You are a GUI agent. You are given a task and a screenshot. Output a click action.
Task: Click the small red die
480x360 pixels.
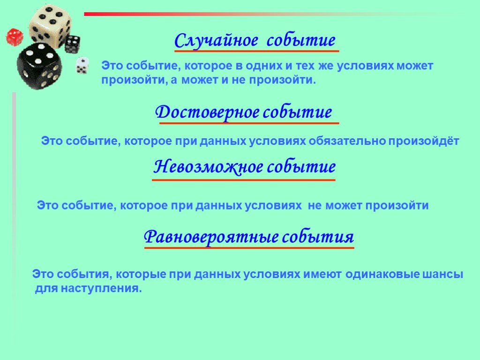click(14, 36)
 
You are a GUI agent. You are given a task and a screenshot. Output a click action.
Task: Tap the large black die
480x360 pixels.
click(39, 66)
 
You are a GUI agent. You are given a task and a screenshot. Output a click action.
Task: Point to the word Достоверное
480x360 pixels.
click(207, 112)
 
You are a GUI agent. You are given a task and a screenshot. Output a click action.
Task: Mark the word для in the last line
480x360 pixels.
click(45, 288)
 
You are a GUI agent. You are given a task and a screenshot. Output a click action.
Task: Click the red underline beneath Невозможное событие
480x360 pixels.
click(244, 180)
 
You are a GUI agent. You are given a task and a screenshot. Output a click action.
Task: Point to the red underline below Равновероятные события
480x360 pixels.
click(249, 247)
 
